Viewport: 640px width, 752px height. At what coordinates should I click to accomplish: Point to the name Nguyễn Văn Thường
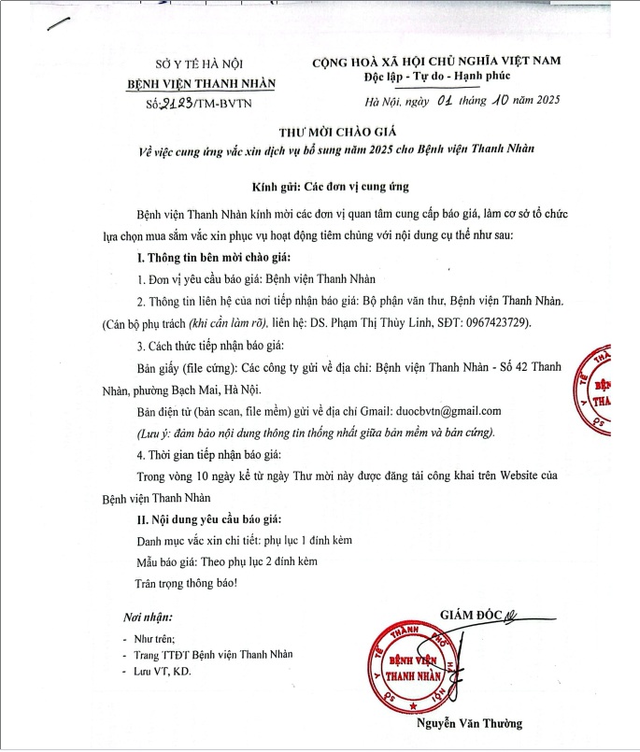click(470, 723)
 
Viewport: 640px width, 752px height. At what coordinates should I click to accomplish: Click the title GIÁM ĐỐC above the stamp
click(470, 614)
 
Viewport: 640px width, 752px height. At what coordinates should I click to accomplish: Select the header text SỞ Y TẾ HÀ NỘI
click(199, 64)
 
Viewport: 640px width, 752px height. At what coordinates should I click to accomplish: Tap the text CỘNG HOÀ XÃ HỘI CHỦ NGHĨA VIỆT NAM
click(436, 61)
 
